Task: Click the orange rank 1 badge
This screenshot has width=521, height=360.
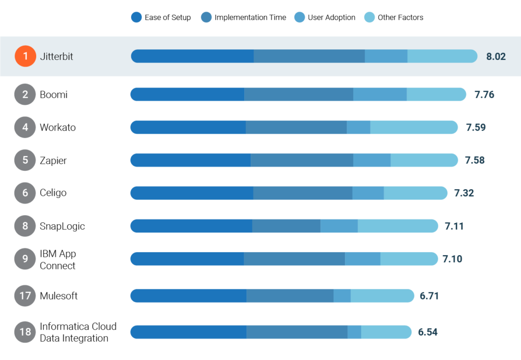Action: coord(25,56)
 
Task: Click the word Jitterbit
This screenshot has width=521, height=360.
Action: coord(56,56)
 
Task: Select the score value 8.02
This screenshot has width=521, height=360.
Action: coord(496,56)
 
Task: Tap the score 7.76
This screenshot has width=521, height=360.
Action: coord(484,95)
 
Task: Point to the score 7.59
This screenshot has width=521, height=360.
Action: coord(476,128)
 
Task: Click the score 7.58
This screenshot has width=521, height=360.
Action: coord(475,160)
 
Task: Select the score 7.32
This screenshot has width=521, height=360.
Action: coord(464,193)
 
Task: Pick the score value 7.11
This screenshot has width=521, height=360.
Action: coord(454,226)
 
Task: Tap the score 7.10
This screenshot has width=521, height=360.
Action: coord(452,259)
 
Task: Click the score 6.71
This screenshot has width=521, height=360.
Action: coord(429,296)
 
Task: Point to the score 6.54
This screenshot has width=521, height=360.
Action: coord(427,332)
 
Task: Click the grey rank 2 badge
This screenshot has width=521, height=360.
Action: coord(25,94)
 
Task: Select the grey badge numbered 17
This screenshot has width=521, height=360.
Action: coord(25,295)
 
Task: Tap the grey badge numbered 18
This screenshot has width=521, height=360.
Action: coord(25,332)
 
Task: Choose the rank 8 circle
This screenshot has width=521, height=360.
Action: coord(25,226)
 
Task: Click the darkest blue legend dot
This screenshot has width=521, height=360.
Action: coord(136,17)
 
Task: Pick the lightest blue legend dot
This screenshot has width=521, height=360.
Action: coord(369,17)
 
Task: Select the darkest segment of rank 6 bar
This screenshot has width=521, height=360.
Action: coord(192,193)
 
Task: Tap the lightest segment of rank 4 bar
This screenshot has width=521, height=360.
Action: coord(414,128)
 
